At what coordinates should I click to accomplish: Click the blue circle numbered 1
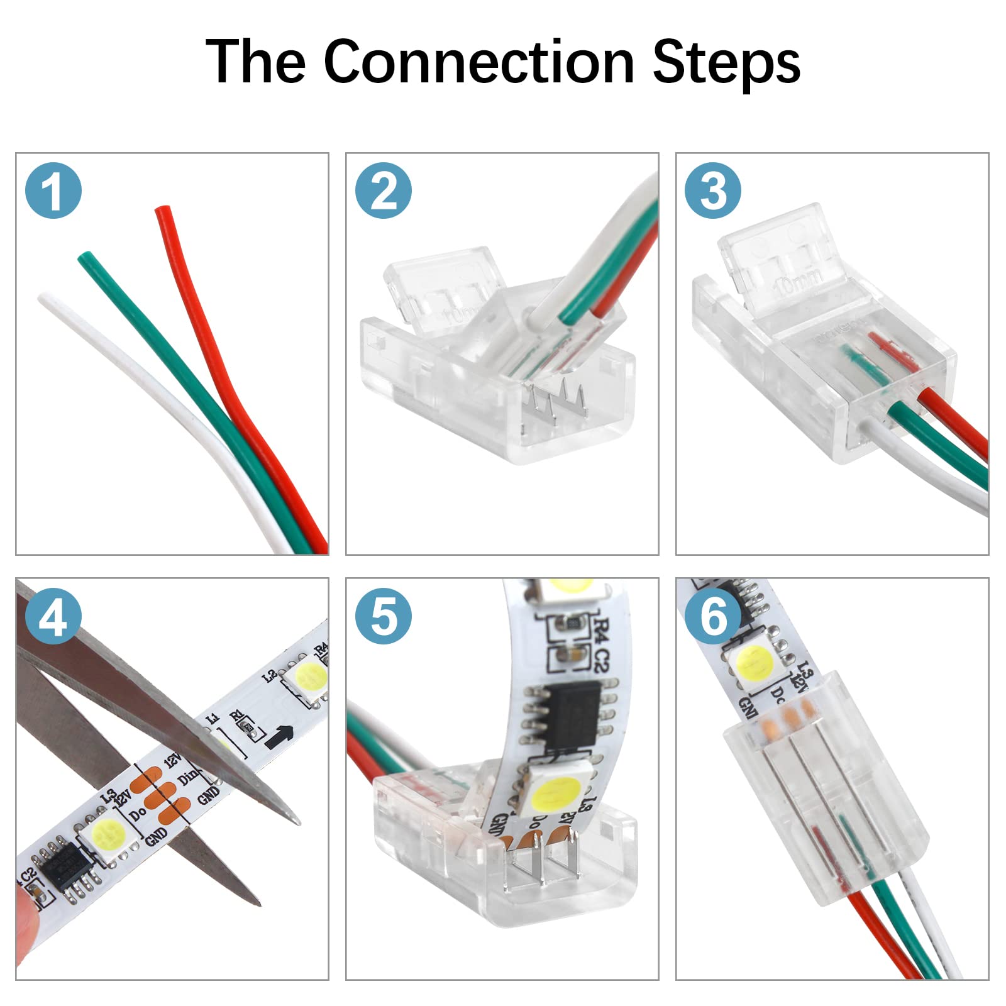point(53,191)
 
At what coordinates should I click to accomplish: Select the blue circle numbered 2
point(383,191)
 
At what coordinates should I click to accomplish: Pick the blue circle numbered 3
point(713,191)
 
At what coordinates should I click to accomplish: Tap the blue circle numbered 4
point(53,616)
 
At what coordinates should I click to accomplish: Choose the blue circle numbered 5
point(383,616)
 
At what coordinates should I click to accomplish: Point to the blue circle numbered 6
point(713,616)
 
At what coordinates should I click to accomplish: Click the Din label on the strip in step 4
point(188,777)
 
